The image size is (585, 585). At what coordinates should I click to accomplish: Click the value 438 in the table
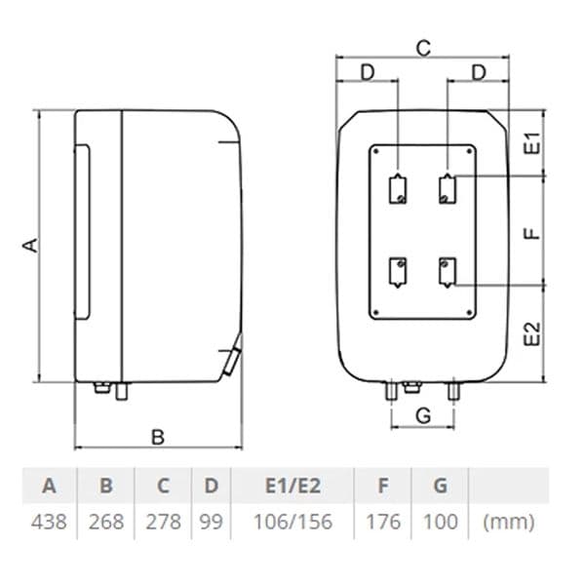tap(49, 522)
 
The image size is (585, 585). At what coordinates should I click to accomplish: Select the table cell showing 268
tap(106, 522)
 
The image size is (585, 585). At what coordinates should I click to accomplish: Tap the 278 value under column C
tap(164, 522)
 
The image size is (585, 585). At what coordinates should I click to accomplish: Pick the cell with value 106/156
tap(292, 522)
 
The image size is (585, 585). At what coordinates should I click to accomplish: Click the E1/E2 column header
tap(292, 486)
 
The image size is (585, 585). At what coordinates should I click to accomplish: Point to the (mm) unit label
tap(509, 522)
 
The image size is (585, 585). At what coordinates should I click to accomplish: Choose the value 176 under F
tap(383, 522)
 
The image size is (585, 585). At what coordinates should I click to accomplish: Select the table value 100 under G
tap(441, 522)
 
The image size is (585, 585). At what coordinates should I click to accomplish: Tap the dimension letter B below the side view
tap(158, 437)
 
